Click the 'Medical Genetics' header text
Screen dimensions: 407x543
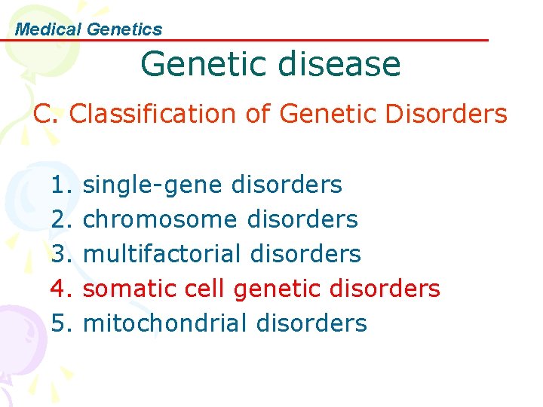[x=89, y=29]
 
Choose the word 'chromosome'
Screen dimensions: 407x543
[x=160, y=219]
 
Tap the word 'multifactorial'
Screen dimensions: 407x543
[x=162, y=254]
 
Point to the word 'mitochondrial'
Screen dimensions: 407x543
[x=165, y=323]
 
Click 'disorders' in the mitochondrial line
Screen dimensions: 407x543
[x=311, y=323]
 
